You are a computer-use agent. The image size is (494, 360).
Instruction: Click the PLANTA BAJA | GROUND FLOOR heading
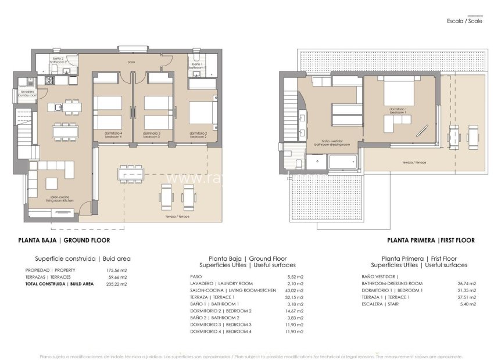pos(64,240)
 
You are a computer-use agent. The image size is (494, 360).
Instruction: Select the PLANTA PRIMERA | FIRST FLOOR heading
pos(431,240)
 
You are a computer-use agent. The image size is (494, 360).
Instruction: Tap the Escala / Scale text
pos(464,20)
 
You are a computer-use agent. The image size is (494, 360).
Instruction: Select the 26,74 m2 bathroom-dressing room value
pos(467,283)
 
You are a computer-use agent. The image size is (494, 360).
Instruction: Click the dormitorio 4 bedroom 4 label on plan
pos(113,135)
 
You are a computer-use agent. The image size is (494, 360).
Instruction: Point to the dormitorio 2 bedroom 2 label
pos(198,135)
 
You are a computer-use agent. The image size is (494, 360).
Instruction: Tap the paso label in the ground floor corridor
pos(131,61)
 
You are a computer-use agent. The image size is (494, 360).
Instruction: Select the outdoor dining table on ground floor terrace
pos(131,173)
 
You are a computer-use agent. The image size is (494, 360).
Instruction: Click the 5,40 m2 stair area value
pos(468,304)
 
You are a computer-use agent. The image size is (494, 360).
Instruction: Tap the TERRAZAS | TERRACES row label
pos(49,277)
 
